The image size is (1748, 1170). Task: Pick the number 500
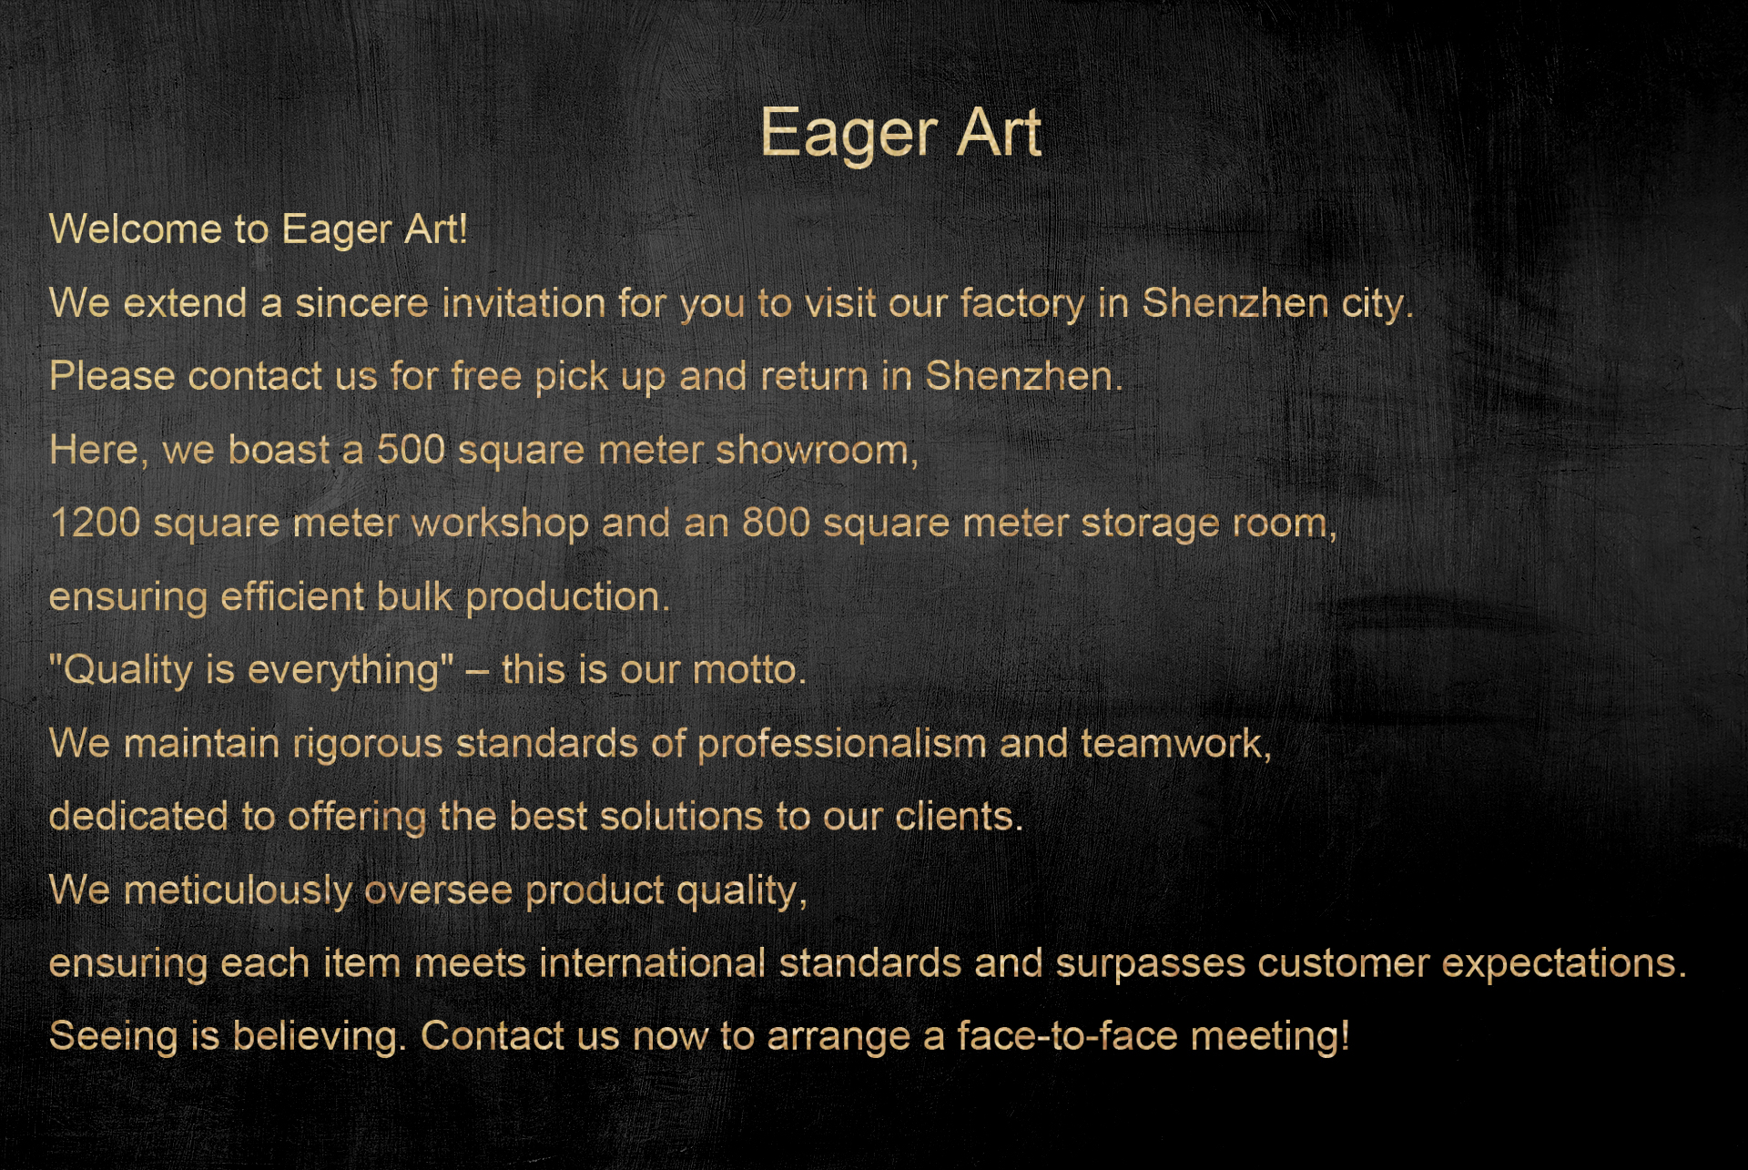coord(411,450)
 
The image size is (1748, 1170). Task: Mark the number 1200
coord(95,523)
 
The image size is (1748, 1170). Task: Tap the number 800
coord(776,523)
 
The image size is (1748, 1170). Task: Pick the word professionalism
coord(842,744)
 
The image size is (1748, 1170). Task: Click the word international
coord(653,963)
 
